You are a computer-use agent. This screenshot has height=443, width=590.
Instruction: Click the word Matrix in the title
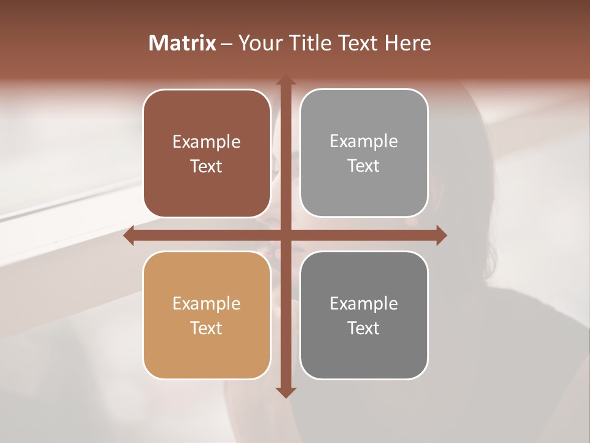183,43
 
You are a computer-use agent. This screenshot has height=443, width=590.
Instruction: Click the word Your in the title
259,43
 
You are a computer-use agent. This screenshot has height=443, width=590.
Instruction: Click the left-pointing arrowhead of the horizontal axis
128,236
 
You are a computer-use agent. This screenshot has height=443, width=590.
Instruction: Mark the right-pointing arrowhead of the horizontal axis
441,236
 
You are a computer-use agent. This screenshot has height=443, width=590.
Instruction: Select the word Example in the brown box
206,142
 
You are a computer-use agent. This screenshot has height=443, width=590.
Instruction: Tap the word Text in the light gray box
364,166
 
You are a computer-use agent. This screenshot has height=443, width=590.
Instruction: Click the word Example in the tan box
206,304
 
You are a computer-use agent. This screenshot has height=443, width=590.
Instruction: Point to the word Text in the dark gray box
364,328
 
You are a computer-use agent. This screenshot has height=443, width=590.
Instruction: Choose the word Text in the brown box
206,167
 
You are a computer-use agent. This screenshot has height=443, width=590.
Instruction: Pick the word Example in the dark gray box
364,304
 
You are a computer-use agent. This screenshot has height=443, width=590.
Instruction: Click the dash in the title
226,44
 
